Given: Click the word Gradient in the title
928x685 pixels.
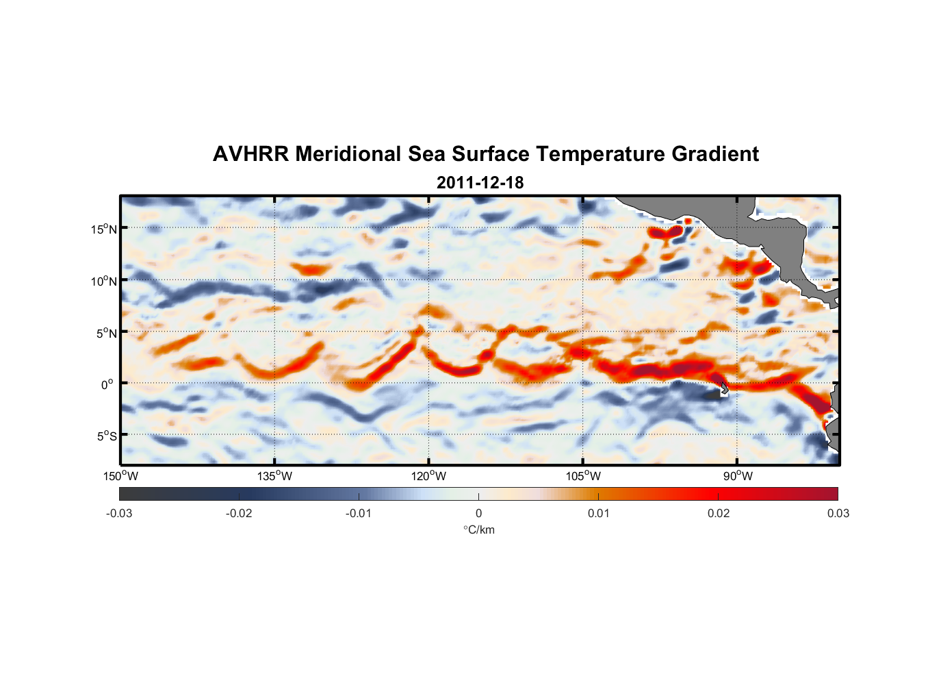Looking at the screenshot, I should pos(715,154).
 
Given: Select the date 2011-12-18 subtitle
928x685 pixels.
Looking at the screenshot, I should pos(480,183).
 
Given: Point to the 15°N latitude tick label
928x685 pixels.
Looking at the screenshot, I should pos(104,229).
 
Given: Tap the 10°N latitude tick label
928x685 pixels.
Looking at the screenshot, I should pos(104,281).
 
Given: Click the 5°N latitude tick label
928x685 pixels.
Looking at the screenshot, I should pos(106,333).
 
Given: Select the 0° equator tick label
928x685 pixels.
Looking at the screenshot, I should pos(107,384).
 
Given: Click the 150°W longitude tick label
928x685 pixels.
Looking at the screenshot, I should pos(120,476).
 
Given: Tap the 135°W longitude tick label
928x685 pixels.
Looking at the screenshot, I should pos(274,476).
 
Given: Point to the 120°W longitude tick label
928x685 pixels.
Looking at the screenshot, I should pos(428,476).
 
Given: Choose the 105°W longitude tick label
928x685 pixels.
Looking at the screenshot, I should pos(583,476).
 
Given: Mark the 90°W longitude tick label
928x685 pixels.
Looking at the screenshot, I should pos(738,476).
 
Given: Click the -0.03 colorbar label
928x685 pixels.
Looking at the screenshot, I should pos(119,513).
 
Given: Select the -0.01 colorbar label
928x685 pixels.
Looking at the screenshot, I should pos(359,513).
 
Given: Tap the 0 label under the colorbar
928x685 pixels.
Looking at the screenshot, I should pos(478,513).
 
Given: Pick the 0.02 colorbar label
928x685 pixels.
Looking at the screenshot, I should pos(719,513).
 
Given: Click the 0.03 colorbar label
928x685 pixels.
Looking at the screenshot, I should pos(838,513).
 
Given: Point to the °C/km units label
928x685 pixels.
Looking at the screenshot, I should pos(478,530).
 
